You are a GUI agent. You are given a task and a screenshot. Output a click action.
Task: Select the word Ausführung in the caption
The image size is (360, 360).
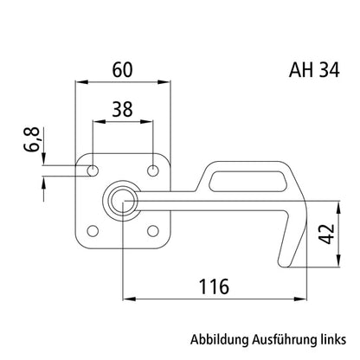tap(283, 339)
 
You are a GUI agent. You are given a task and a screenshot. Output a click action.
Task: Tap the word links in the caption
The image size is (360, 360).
tap(333, 339)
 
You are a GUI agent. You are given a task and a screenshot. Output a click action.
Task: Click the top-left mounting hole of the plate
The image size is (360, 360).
tap(91, 170)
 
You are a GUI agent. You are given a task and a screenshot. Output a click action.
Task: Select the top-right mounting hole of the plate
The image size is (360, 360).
tap(152, 170)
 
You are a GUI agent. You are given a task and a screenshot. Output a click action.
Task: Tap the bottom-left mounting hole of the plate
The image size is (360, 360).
tap(91, 231)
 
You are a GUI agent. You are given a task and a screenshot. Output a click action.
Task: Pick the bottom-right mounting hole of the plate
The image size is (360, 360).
tap(152, 231)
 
